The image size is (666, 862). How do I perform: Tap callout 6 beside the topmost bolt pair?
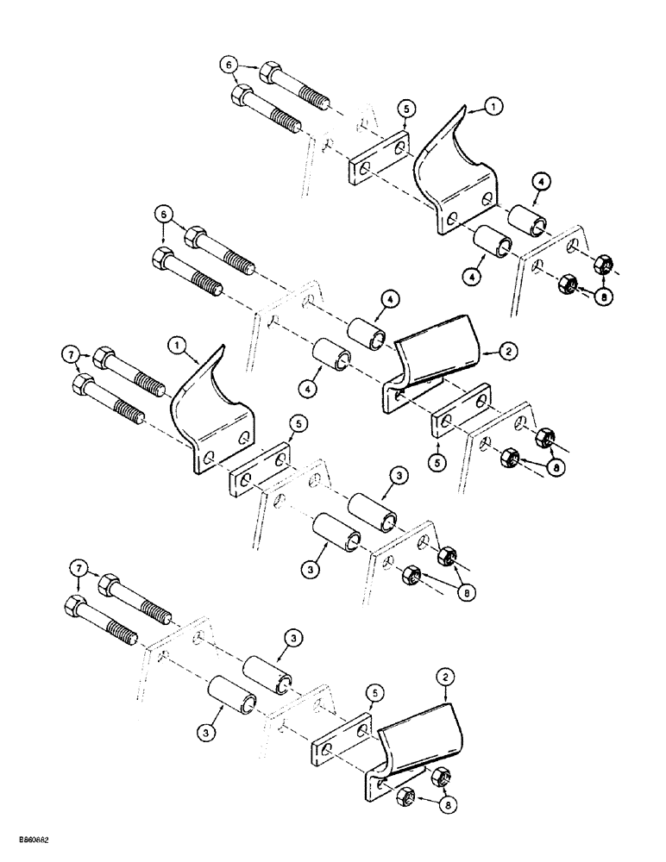tap(228, 65)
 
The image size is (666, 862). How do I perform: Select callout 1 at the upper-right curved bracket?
tap(493, 107)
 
